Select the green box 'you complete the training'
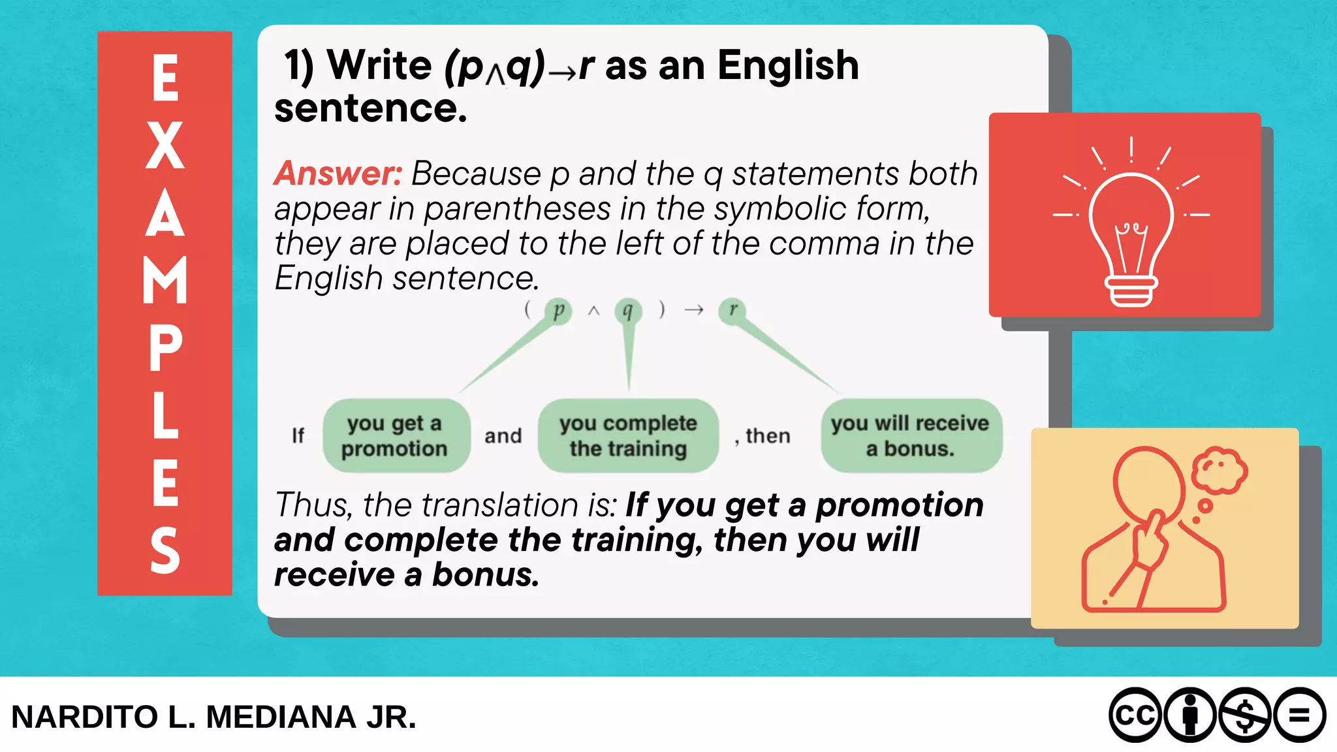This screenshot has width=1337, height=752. pos(628,435)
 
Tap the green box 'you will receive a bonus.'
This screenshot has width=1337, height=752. pos(911,435)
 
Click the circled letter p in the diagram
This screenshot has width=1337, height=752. pos(558,311)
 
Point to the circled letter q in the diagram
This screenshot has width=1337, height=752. pos(628,311)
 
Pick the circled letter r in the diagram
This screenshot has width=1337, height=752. pos(732,310)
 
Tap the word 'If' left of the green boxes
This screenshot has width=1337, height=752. pos(298,435)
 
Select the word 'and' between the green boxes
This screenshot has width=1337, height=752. pos(503,435)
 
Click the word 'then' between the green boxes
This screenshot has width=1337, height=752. pos(768,435)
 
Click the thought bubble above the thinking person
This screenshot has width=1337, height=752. pos(1219,470)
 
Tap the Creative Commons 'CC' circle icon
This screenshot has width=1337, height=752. pos(1135,715)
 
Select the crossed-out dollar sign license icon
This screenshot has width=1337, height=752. pos(1245,715)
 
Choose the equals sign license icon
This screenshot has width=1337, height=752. pos(1299,715)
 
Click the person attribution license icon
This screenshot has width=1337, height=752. pos(1190,715)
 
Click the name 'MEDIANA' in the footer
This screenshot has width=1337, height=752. pos(281,717)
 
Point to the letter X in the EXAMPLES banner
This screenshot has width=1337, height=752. pos(165,146)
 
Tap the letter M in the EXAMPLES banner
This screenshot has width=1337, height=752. pos(165,280)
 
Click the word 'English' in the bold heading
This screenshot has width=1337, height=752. pos(788,66)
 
